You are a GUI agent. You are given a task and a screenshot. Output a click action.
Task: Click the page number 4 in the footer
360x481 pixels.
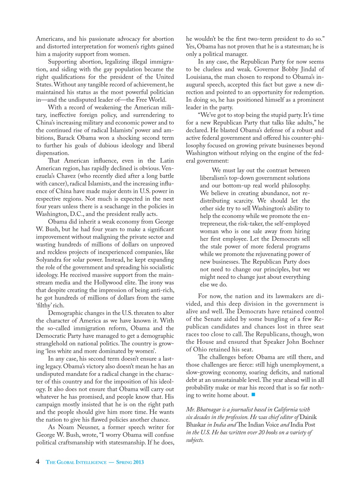tap(38, 462)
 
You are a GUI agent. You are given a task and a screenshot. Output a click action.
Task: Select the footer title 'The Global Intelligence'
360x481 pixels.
tap(76, 462)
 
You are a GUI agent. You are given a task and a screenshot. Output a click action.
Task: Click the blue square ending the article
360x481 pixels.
tap(253, 395)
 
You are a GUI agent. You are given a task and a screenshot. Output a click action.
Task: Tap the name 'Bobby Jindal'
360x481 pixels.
tap(299, 69)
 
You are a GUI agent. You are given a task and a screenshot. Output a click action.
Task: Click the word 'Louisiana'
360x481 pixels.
tap(201, 77)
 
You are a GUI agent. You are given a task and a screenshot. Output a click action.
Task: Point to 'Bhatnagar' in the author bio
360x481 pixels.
tap(211, 410)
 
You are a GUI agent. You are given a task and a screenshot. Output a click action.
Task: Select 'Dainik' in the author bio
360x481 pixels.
tap(309, 417)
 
